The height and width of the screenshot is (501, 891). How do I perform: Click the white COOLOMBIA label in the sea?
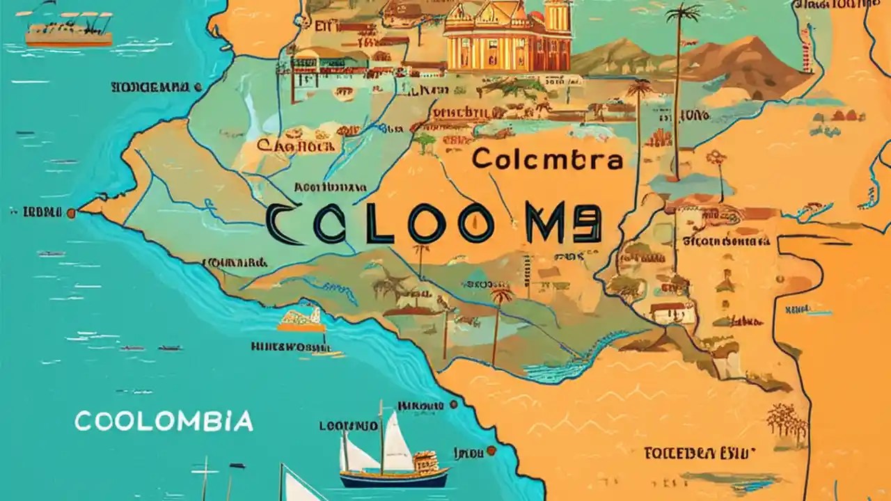coord(164,420)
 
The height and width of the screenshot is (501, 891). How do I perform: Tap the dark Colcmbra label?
coord(546,159)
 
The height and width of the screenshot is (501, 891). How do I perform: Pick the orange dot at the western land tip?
coord(70,213)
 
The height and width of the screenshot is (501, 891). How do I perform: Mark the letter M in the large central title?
coord(551,225)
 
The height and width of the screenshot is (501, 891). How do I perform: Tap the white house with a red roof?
coord(672,311)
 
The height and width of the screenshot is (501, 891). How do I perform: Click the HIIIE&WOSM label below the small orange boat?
coord(289,346)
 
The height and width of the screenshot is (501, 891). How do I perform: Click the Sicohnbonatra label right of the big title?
coord(727,241)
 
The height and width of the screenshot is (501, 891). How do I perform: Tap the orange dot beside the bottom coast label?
coord(491,451)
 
